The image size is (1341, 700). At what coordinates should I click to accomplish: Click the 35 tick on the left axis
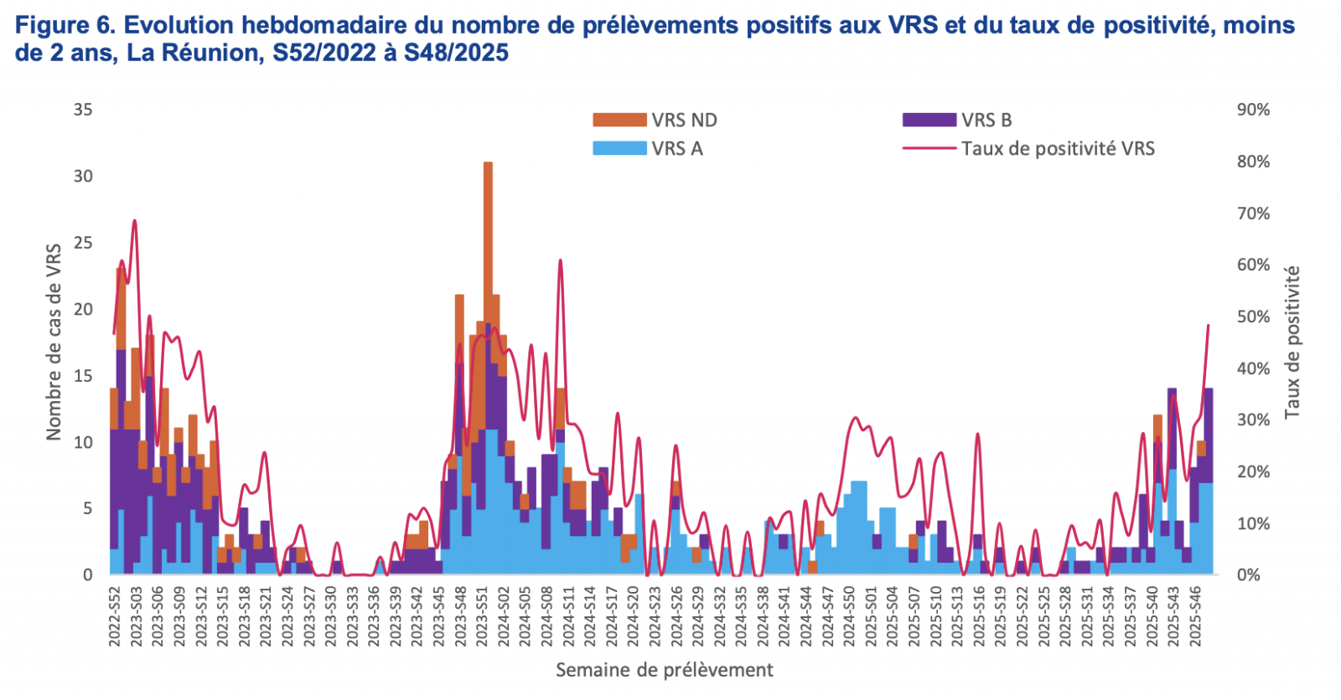83,110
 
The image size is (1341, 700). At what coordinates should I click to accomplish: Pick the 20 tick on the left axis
83,309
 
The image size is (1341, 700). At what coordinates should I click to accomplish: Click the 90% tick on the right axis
1253,110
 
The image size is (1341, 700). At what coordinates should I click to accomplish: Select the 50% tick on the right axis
1253,317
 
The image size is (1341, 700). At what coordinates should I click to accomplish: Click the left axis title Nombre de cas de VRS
54,342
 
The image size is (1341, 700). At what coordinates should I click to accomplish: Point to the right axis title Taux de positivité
1292,342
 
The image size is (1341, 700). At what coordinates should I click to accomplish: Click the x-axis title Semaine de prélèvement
664,670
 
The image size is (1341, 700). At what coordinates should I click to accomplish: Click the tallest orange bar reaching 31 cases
488,251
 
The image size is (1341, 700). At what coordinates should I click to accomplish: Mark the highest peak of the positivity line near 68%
134,221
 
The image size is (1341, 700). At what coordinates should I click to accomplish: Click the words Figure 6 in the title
63,25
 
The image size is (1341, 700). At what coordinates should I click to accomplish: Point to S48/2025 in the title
456,53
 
